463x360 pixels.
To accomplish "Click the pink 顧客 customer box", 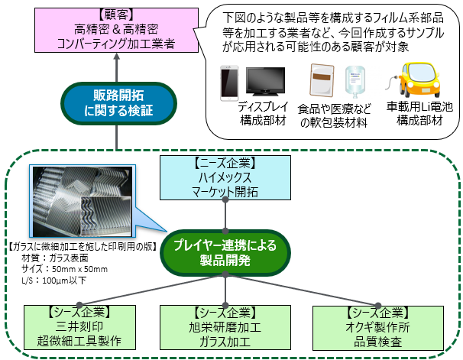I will click(115, 31).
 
